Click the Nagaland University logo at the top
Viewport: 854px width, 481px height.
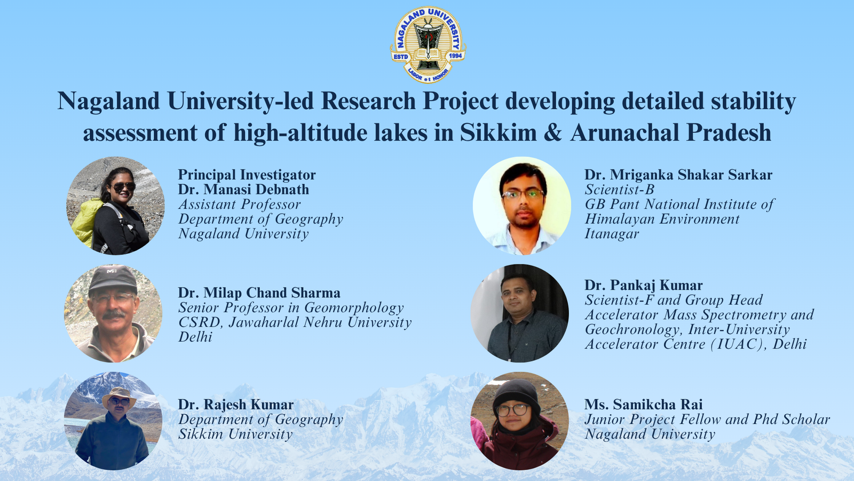(428, 45)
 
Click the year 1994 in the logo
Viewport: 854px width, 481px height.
(456, 56)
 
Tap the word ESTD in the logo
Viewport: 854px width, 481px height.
(400, 57)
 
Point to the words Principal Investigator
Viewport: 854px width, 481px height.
(247, 174)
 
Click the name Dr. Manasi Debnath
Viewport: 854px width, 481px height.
(243, 189)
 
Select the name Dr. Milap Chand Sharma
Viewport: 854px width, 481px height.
(259, 293)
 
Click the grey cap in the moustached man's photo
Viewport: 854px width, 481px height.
(113, 278)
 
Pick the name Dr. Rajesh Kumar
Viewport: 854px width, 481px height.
(235, 404)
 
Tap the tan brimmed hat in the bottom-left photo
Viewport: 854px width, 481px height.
(119, 397)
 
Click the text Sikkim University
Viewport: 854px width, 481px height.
(235, 434)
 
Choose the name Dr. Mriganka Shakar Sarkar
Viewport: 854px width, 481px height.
(678, 174)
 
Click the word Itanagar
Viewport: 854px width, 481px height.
(612, 234)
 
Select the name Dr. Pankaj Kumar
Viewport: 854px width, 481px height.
(644, 285)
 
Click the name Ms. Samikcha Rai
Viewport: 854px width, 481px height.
(644, 404)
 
